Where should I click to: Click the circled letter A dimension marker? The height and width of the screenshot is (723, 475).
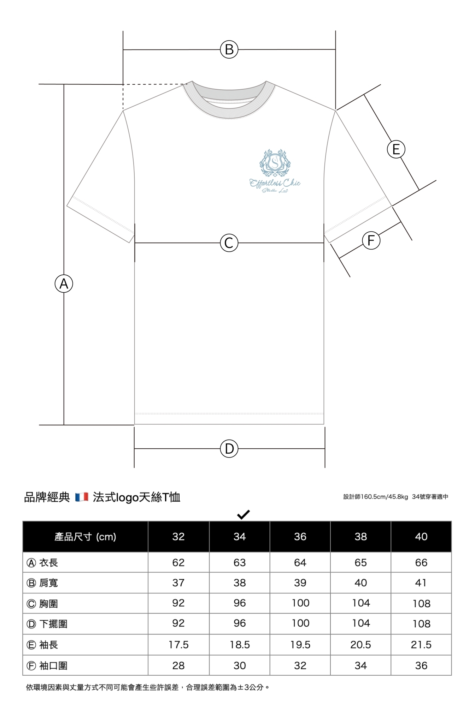tap(64, 283)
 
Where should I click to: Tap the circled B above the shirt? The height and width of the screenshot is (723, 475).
tap(229, 49)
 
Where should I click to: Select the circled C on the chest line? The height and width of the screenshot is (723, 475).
tap(229, 243)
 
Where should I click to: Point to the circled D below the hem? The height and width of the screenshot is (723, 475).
tap(229, 449)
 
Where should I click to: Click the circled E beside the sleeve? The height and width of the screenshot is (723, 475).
tap(396, 149)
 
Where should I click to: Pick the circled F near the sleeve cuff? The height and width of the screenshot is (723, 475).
tap(371, 241)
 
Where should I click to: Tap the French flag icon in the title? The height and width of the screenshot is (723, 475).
tap(82, 497)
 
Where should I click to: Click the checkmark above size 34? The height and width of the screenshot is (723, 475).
tap(244, 515)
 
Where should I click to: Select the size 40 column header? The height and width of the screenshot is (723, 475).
tap(421, 537)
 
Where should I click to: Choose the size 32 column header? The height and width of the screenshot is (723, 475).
tap(178, 537)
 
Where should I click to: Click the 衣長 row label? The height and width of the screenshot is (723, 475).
tap(42, 563)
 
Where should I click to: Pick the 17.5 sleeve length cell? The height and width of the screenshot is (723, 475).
tap(178, 645)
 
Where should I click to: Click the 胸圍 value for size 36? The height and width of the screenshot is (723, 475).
tap(300, 603)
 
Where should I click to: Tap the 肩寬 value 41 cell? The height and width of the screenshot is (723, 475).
tap(421, 583)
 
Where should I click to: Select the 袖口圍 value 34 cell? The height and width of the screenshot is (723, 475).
tap(360, 666)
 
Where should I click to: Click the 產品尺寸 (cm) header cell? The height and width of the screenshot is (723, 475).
tap(85, 537)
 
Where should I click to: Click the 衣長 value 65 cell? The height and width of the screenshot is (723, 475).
tap(360, 563)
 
